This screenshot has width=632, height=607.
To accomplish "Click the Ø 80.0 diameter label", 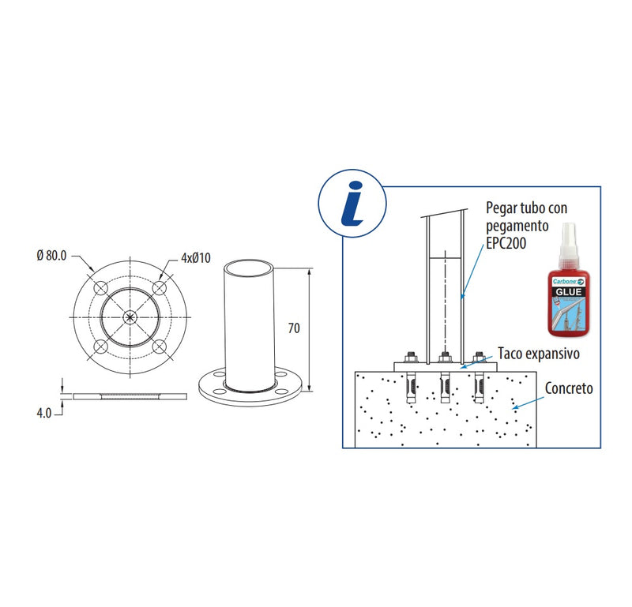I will coord(51,257).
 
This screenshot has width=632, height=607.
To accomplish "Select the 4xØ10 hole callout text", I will coord(196,257).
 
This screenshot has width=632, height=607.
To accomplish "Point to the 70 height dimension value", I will coord(293,328).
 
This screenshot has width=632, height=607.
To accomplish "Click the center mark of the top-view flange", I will coord(130,316).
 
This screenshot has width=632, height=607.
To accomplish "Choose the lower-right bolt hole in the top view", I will coord(160,346).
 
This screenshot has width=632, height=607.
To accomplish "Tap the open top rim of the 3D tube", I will coord(249,266).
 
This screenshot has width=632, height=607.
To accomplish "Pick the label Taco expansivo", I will coord(538,354).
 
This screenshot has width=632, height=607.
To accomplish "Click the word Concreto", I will coord(569,389).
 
